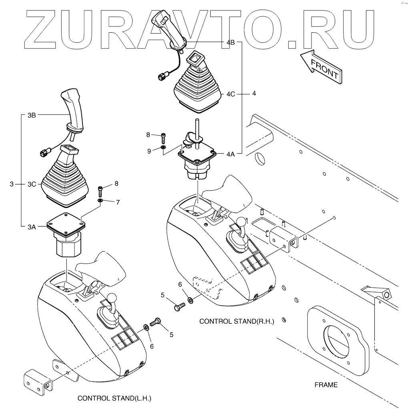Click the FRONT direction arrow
(321, 66)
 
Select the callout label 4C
(230, 94)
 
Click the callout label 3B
(32, 115)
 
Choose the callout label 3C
(32, 184)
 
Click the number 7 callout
(118, 202)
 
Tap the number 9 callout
(149, 151)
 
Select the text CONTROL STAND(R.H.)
(236, 321)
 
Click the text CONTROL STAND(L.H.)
(115, 398)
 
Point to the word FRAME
(326, 385)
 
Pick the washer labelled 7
(100, 200)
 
